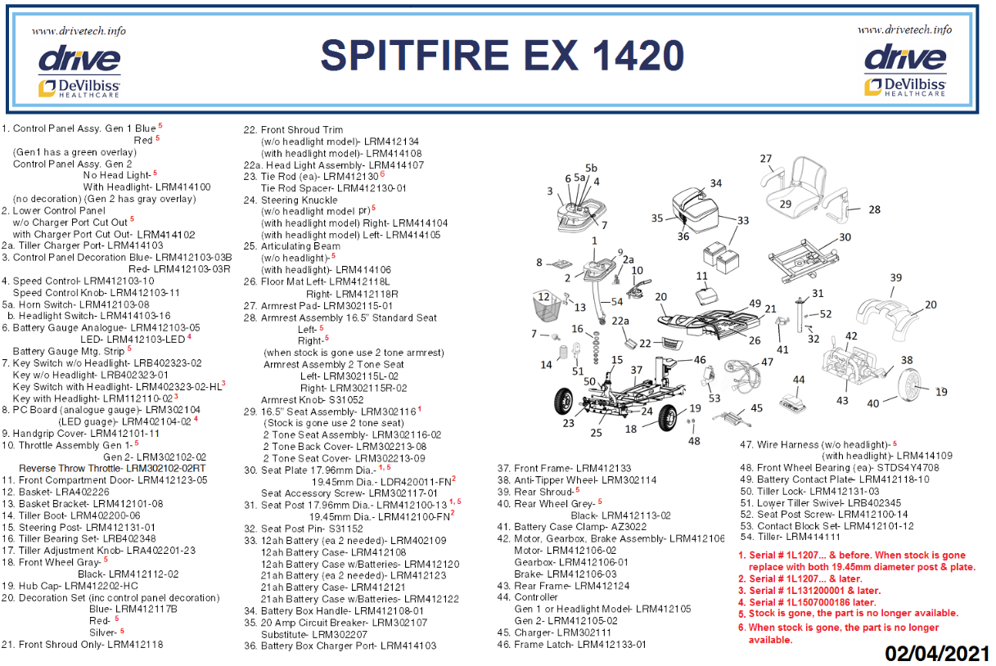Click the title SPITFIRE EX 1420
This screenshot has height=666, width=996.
[x=502, y=56]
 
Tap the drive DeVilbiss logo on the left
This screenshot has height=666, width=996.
[x=79, y=71]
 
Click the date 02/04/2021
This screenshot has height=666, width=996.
[x=937, y=654]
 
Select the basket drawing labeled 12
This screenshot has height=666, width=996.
[x=548, y=306]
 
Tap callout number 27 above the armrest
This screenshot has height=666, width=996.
[x=766, y=159]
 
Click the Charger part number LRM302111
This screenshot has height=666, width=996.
[x=584, y=632]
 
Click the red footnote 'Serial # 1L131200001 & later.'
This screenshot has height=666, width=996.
[x=814, y=591]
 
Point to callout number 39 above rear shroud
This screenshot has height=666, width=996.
[x=896, y=278]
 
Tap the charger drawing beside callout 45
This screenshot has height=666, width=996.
[x=732, y=418]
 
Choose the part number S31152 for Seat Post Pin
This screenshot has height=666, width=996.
[x=345, y=529]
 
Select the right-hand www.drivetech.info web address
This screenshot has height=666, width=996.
[x=904, y=29]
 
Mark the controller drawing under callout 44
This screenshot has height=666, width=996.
[x=792, y=402]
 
